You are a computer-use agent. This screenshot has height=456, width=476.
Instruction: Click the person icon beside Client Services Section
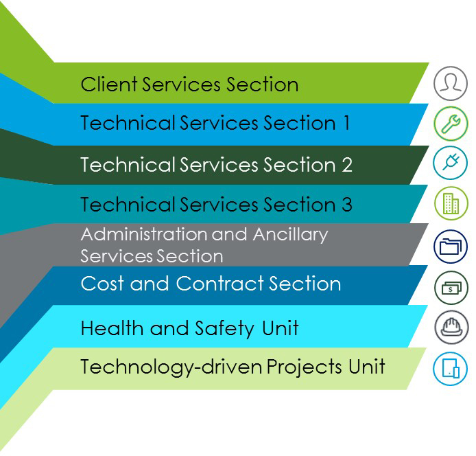pyautogui.click(x=451, y=83)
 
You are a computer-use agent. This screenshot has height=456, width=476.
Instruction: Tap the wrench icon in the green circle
pyautogui.click(x=451, y=124)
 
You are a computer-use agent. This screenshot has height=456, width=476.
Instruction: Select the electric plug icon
pyautogui.click(x=451, y=163)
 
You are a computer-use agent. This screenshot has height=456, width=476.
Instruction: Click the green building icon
pyautogui.click(x=451, y=203)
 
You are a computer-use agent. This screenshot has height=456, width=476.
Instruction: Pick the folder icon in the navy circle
pyautogui.click(x=451, y=247)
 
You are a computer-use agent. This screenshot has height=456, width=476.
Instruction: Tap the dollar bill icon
pyautogui.click(x=451, y=288)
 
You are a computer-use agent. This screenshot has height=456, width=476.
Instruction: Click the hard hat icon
pyautogui.click(x=451, y=327)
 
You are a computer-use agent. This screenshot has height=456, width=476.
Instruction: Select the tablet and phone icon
pyautogui.click(x=451, y=369)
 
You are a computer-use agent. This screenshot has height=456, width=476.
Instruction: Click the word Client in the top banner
pyautogui.click(x=108, y=84)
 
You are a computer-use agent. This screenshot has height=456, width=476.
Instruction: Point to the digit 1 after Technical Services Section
pyautogui.click(x=346, y=123)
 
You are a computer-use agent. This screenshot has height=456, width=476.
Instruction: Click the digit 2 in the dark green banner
pyautogui.click(x=347, y=164)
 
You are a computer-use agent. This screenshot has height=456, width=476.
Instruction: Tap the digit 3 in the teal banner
pyautogui.click(x=347, y=204)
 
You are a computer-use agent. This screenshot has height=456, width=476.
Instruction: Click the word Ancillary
pyautogui.click(x=291, y=235)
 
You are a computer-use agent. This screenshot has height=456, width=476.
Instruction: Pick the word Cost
pyautogui.click(x=102, y=284)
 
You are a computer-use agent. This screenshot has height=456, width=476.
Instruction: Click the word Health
pyautogui.click(x=112, y=328)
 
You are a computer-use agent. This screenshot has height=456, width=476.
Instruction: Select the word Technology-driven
pyautogui.click(x=171, y=367)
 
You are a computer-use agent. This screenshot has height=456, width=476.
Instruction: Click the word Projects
pyautogui.click(x=305, y=367)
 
